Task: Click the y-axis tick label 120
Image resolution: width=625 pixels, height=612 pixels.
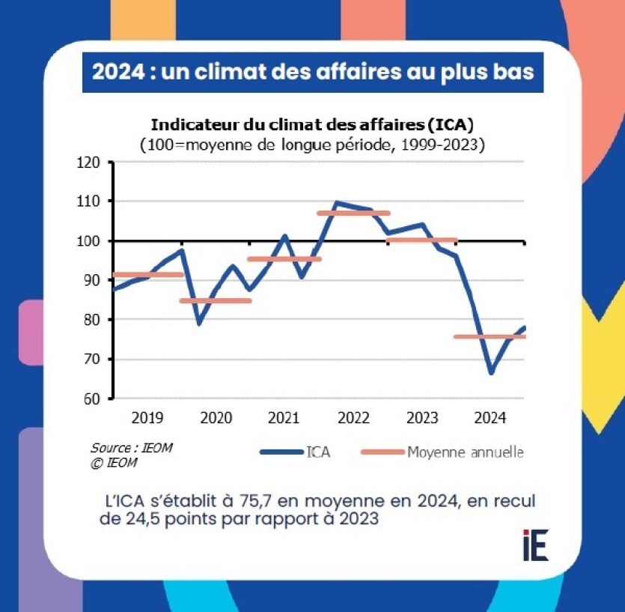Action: coord(91,162)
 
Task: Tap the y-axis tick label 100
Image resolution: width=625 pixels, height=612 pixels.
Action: coord(91,241)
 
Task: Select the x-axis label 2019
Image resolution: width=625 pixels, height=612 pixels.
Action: coord(147,418)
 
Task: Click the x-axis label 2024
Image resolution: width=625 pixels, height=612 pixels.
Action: coord(490,418)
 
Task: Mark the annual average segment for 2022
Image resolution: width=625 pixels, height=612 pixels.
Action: coord(354,213)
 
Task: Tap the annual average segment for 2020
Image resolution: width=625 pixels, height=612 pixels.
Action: coord(216,301)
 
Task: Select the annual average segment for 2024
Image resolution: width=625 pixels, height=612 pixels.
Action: coord(490,336)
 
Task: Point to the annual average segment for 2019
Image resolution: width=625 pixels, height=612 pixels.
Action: coord(147,275)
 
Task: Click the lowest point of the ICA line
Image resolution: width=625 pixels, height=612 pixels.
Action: coord(491,372)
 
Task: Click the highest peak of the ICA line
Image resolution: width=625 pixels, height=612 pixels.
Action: coord(336,203)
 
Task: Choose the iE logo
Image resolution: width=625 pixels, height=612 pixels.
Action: coord(536,545)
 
